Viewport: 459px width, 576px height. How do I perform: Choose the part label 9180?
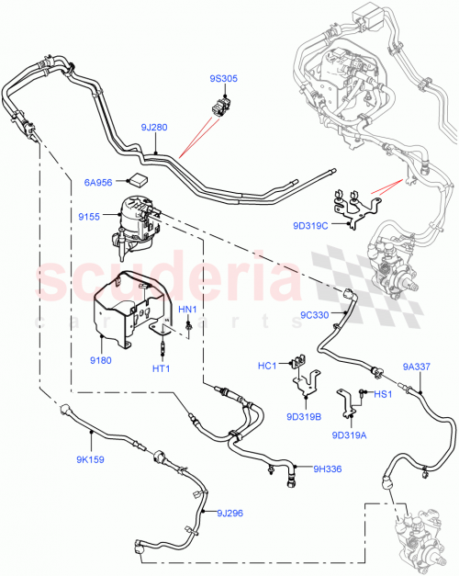point(100,335)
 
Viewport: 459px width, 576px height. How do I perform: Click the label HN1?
point(187,311)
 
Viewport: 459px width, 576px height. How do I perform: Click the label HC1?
point(267,367)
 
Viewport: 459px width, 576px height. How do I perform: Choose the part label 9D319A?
point(349,435)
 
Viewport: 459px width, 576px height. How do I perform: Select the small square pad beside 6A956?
point(140,176)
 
